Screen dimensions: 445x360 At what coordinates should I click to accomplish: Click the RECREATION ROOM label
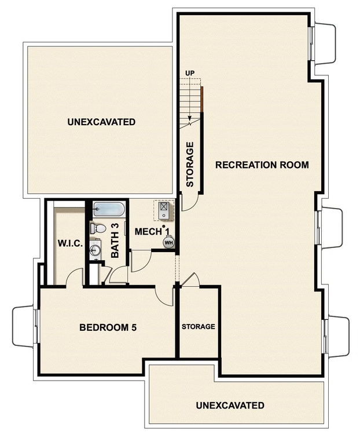coord(262,165)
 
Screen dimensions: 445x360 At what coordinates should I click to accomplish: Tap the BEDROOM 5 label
coord(108,327)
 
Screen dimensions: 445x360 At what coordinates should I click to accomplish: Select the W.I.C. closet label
coord(70,244)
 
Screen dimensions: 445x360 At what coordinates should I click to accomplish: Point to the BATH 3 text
coord(115,240)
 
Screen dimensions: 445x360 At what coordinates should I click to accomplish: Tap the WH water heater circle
coord(168,242)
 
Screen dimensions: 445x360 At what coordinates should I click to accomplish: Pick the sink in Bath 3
coord(96,250)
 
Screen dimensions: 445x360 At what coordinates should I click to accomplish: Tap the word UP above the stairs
coord(189,72)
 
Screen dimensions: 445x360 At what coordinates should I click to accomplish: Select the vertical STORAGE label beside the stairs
coord(190,164)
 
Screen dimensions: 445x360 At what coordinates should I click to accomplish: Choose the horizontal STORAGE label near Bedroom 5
coord(199,327)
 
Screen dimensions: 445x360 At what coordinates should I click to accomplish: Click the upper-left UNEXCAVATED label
coord(101,122)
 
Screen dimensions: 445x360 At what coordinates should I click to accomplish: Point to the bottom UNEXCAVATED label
coord(230,405)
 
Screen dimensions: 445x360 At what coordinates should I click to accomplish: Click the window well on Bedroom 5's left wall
coord(24,327)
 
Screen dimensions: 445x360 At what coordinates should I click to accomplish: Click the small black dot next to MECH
coord(164,227)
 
